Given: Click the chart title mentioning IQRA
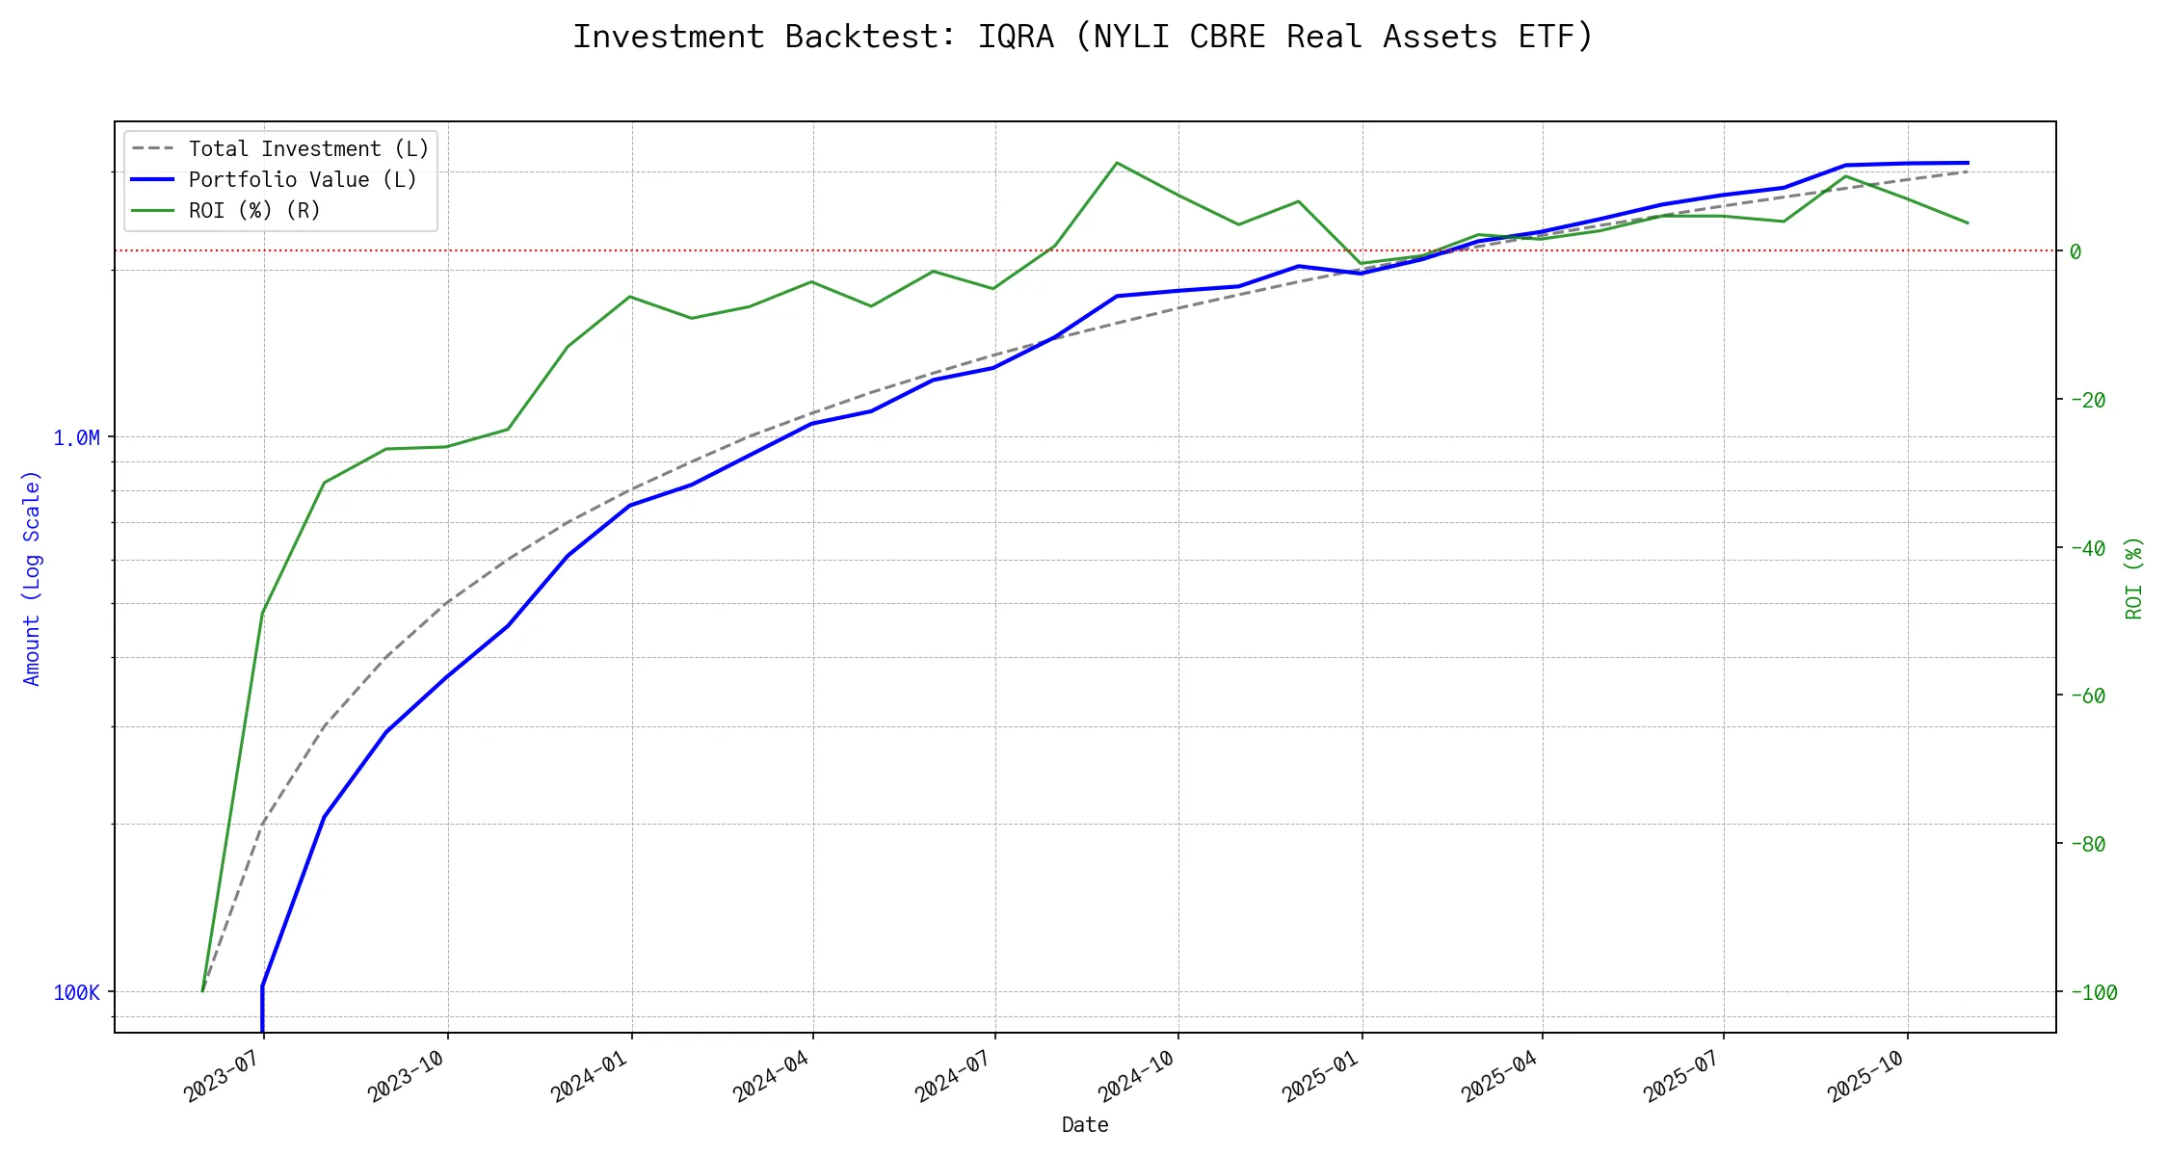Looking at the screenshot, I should coord(1083,37).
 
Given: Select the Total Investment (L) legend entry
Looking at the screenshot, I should coord(308,149).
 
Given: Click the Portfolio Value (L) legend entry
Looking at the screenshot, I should coord(303,180).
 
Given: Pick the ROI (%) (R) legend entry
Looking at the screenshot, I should coord(254,211).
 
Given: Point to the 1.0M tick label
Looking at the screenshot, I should coord(76,438).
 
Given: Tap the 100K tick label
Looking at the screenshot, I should coord(76,993).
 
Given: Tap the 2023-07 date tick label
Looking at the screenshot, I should coord(224,1077).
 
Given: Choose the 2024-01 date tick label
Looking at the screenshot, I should coord(590,1077).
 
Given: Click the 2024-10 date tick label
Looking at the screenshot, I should coord(1137,1077).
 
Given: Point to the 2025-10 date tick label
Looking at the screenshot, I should coord(1866,1077).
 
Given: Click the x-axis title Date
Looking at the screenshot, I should coord(1085,1125).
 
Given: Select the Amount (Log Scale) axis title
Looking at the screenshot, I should coord(33,578).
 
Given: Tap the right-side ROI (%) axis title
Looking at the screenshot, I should coord(2134,578).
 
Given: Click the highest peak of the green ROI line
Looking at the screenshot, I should coord(1116,163).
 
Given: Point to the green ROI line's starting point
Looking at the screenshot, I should coord(202,990).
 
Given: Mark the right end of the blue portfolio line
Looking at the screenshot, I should coord(1968,163).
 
